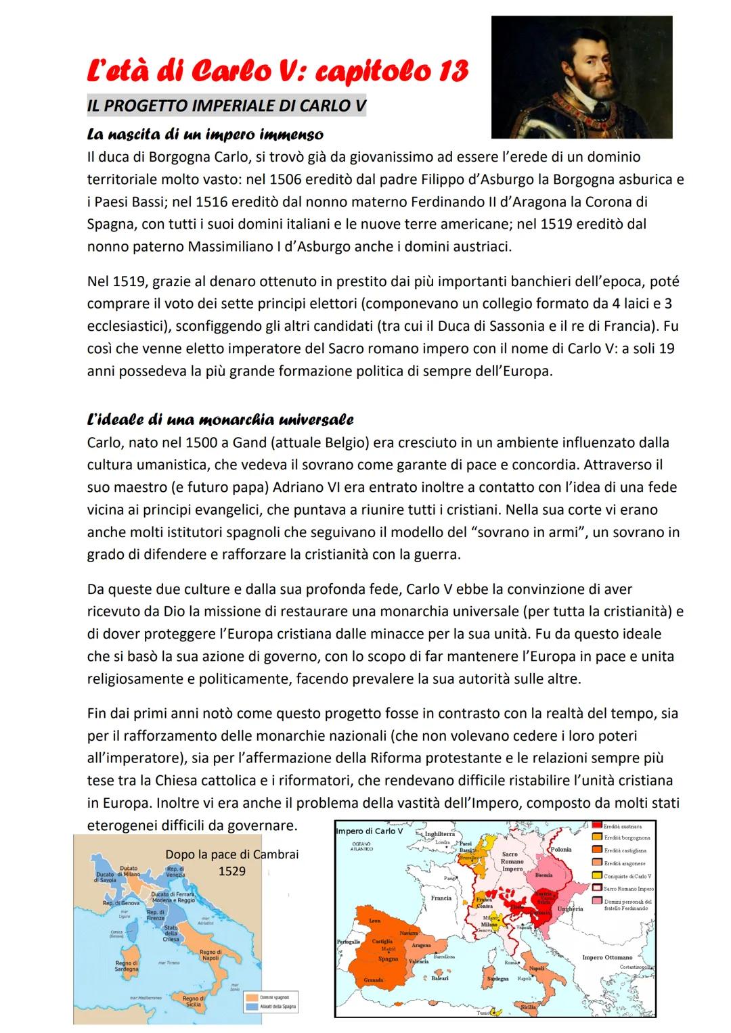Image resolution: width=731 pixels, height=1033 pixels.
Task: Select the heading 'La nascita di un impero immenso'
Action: coord(205,135)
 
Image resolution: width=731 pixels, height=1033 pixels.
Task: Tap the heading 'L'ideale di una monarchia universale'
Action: coord(220,420)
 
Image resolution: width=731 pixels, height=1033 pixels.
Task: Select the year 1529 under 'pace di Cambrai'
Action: coord(231,871)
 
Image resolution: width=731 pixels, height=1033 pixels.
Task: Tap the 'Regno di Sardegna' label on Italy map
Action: coord(127,966)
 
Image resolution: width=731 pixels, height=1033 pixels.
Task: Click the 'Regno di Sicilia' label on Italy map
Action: coord(194,1001)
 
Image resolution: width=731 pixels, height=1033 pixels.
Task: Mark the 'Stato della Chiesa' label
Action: coord(171,933)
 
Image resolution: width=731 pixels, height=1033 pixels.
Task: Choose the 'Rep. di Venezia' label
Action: coord(175,871)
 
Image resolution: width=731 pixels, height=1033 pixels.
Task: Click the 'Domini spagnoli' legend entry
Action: coord(275,997)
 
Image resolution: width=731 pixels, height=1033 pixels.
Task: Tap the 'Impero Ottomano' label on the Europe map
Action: coord(607,957)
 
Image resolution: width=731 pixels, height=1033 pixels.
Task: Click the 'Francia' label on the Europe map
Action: coord(441,898)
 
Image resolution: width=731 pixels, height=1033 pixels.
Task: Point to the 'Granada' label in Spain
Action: coord(374,980)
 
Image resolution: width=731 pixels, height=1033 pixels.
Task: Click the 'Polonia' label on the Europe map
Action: coord(561,849)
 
